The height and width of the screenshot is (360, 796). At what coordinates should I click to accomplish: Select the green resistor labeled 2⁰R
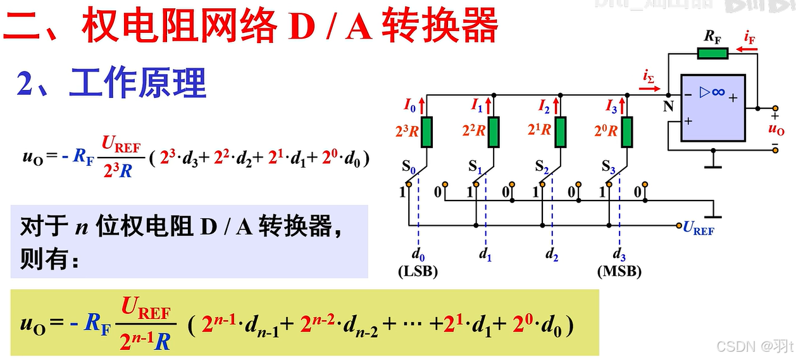coord(626,131)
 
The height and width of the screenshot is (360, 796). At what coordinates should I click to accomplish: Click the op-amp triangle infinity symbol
coord(712,92)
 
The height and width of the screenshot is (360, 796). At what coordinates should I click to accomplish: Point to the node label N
coord(668,106)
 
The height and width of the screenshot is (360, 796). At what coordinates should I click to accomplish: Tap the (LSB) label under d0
coord(418,271)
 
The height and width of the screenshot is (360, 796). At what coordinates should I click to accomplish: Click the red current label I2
coord(544,105)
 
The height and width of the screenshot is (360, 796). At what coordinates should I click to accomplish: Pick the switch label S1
coord(475,168)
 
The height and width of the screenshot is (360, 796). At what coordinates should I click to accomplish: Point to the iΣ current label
coord(649,77)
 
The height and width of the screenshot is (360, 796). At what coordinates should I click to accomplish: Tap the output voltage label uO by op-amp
coord(776,130)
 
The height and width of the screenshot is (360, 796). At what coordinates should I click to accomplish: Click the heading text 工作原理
coord(138,83)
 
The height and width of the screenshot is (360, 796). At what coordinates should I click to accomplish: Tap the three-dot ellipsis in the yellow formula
coord(413,326)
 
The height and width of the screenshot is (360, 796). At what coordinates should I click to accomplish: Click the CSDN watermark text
coord(735,345)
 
